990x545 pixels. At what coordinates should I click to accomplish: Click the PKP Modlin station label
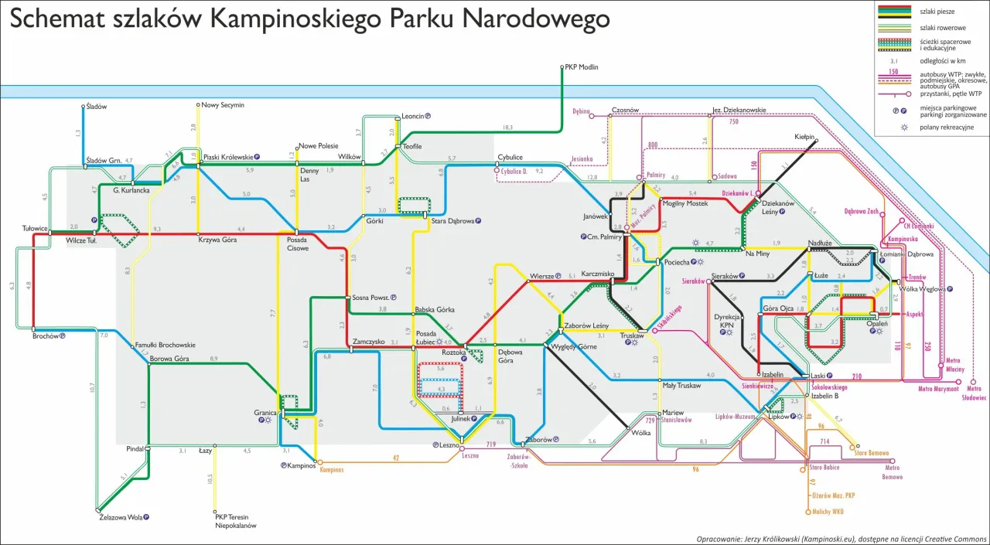[582, 67]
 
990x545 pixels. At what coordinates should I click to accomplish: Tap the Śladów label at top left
[97, 106]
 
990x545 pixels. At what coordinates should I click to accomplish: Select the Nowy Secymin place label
[223, 104]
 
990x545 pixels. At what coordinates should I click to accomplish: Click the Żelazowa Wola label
[121, 517]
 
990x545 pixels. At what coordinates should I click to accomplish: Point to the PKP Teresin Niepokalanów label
[235, 521]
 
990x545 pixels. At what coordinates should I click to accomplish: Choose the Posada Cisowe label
[298, 244]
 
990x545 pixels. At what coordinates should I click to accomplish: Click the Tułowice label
[36, 229]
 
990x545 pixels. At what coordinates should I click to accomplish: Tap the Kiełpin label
[804, 136]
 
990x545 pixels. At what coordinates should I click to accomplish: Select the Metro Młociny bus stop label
[955, 365]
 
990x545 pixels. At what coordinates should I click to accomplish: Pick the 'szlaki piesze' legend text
[937, 12]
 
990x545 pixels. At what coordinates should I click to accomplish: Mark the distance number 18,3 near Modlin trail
[507, 127]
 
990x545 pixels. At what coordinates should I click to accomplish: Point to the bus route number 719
[490, 445]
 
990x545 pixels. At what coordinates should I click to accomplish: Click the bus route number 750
[734, 121]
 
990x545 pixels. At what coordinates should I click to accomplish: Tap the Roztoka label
[453, 353]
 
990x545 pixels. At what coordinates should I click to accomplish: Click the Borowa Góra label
[169, 359]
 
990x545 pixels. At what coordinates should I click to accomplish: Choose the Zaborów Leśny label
[587, 325]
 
